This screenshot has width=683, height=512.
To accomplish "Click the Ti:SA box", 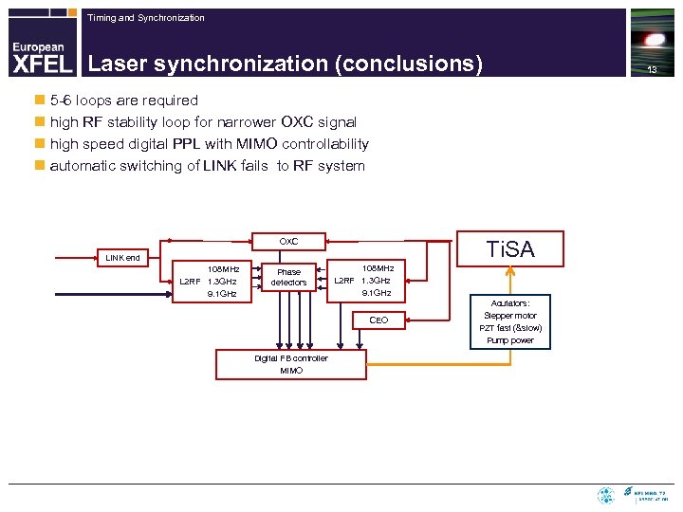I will [510, 249].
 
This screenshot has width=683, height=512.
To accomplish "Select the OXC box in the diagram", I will [288, 242].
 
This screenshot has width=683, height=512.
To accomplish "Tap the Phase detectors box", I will [288, 277].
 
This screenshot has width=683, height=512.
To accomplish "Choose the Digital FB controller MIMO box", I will [291, 365].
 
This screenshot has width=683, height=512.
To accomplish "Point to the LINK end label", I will [122, 257].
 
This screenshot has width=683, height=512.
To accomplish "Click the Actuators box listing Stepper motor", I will [510, 321].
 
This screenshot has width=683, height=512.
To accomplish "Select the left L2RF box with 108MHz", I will [211, 282].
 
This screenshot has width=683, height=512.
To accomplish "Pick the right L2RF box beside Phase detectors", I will [365, 281].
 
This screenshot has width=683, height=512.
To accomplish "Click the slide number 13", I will [652, 70].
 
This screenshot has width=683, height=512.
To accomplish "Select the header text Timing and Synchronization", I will [145, 18].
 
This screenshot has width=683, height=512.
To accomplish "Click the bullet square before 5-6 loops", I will [39, 101].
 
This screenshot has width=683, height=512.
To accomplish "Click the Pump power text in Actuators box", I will [510, 340].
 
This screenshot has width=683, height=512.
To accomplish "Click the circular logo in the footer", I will [605, 495].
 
